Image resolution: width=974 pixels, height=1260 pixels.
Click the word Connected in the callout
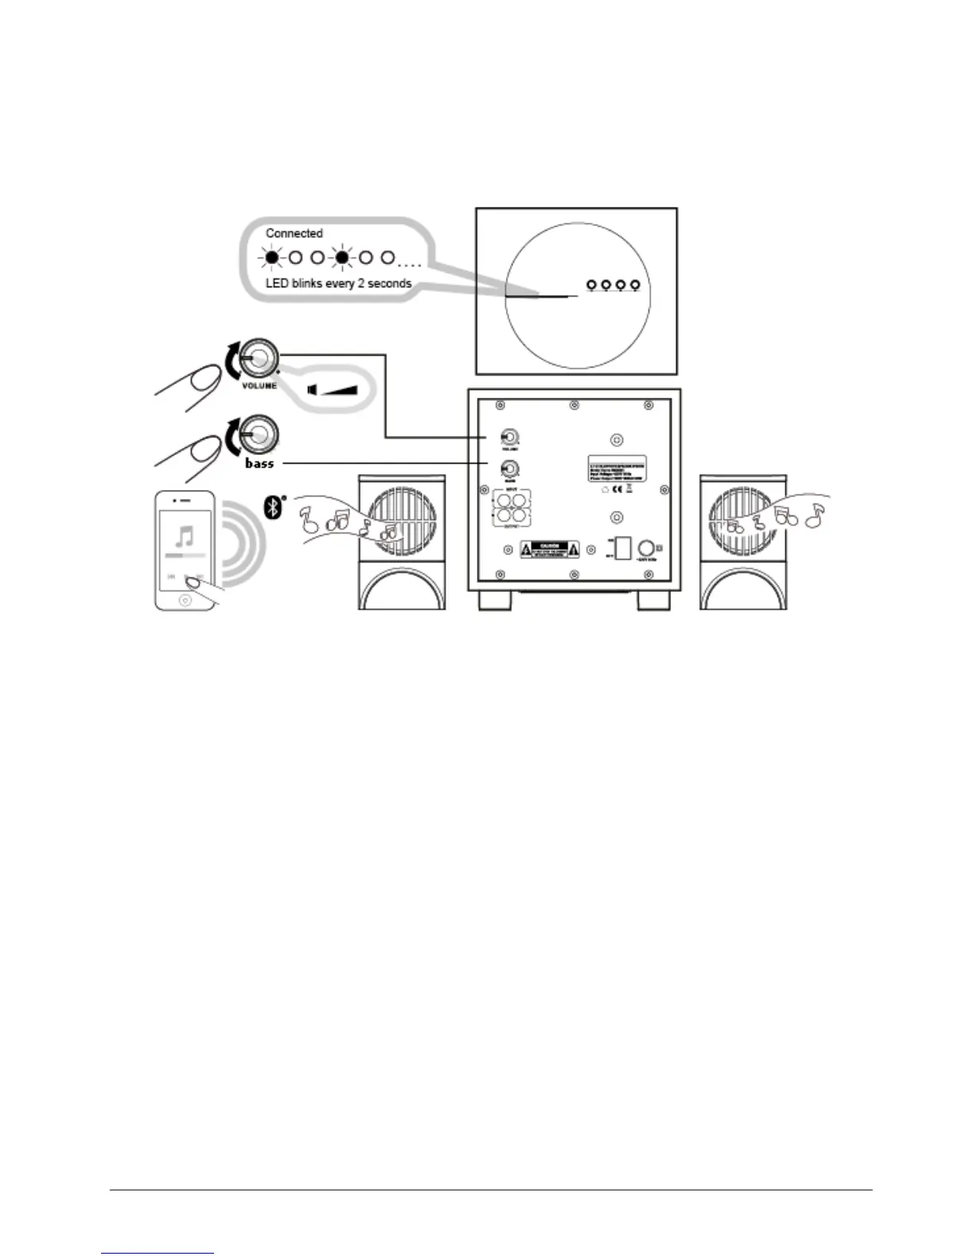294,233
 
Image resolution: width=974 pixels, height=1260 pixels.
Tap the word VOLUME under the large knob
259,386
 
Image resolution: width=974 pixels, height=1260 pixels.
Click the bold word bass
259,463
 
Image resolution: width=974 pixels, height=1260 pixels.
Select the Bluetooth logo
273,507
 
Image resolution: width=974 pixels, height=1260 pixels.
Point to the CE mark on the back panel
616,490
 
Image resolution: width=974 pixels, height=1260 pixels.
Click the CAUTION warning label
550,549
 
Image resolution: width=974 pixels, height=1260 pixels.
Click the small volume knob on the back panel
508,437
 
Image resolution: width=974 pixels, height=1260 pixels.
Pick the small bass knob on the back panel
508,469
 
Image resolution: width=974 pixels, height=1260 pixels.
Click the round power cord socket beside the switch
648,548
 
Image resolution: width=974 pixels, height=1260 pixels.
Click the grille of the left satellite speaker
402,517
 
